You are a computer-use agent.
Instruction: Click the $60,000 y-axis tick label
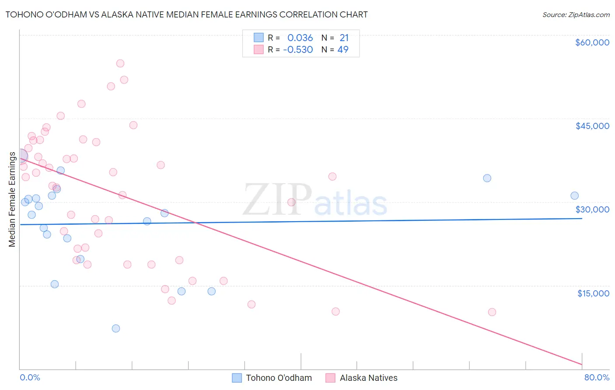coord(592,42)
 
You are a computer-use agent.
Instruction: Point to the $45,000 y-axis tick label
coord(592,126)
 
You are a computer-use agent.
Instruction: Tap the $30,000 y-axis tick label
coord(592,209)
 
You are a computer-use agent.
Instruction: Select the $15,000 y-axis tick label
coord(593,293)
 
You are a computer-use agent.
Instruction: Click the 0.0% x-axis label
coord(30,377)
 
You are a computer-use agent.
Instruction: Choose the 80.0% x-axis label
coord(597,377)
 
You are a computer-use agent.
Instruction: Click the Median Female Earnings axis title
coord(12,199)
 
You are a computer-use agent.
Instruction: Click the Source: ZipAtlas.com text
coord(576,15)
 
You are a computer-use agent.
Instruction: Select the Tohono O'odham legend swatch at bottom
coord(237,378)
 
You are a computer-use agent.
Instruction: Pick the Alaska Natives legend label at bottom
coord(368,378)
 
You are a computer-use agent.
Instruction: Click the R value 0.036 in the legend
coord(300,38)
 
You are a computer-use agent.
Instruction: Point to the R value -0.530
coord(298,50)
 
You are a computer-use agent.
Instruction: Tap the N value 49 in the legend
coord(343,50)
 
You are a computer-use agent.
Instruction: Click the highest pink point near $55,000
coord(120,63)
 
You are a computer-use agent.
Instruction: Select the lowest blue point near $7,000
coord(116,328)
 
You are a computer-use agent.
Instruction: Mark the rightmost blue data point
coord(574,196)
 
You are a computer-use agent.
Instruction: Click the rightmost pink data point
coord(492,312)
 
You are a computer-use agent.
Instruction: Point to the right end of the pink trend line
coord(582,364)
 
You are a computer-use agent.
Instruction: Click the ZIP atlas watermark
coord(315,200)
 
